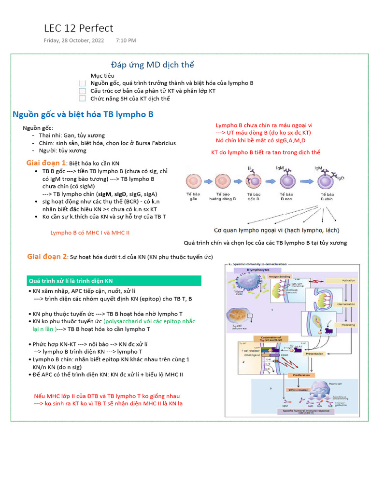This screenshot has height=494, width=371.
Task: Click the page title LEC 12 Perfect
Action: point(78,28)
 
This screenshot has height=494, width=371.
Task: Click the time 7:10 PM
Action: point(126,40)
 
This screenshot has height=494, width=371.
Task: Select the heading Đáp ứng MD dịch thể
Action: point(152,65)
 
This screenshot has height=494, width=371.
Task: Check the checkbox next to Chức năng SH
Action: point(82,98)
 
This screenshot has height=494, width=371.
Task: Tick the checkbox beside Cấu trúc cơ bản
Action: point(82,91)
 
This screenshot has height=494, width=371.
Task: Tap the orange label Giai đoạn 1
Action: point(46,163)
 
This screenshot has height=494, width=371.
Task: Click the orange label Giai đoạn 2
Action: point(47,256)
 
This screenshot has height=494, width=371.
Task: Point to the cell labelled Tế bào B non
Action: point(288,181)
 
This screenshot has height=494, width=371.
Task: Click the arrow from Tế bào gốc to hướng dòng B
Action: point(208,182)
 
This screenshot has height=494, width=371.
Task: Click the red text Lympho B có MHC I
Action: point(90,233)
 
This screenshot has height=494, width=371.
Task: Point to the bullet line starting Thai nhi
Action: point(71,135)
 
